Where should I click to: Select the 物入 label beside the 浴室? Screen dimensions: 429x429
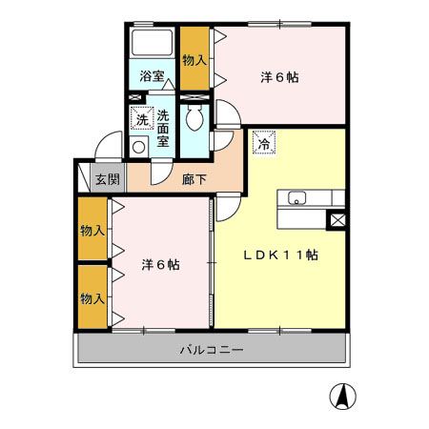click(x=194, y=58)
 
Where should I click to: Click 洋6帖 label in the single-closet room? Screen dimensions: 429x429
click(x=279, y=78)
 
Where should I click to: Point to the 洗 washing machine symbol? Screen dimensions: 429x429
click(x=141, y=119)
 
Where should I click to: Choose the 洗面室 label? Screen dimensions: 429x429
click(x=164, y=127)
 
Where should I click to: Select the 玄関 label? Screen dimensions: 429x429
click(x=107, y=178)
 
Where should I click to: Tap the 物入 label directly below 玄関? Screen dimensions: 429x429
click(x=92, y=230)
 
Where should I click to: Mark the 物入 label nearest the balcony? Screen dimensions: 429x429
click(x=92, y=298)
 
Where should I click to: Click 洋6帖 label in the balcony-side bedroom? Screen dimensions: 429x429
click(x=162, y=264)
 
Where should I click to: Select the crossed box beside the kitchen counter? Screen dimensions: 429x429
click(x=337, y=220)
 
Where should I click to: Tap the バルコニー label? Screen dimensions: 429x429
click(x=212, y=350)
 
